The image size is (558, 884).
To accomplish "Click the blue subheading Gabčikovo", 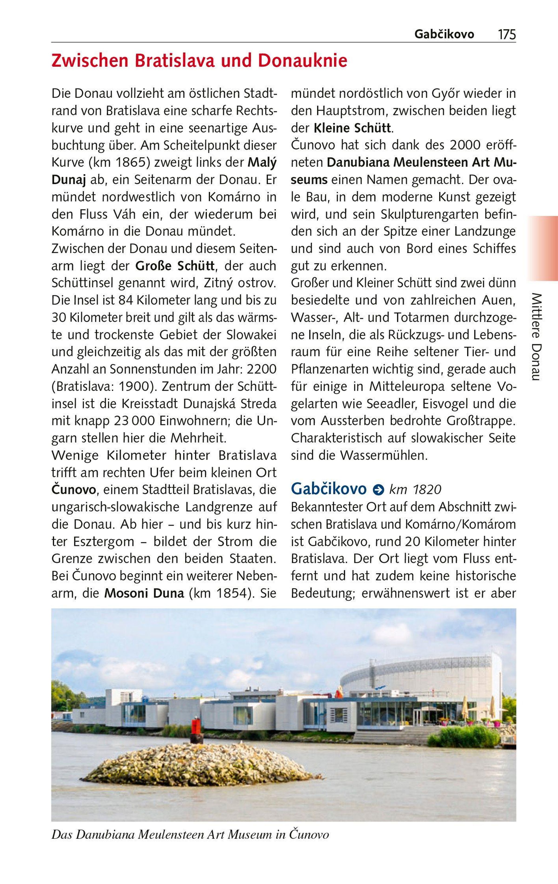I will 329,489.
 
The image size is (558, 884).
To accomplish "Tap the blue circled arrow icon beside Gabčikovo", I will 377,490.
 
